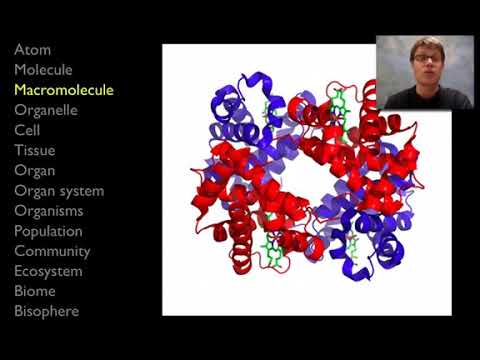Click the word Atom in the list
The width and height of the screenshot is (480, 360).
pos(32,50)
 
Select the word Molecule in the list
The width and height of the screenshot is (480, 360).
pos(43,70)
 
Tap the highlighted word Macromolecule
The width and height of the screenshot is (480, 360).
pos(64,90)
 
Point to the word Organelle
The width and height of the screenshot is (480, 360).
pos(46,110)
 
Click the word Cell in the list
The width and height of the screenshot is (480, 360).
pos(27,130)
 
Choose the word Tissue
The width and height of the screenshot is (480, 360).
pos(34,150)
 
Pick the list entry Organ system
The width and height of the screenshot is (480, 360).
pos(59,191)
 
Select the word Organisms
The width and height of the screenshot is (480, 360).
pos(48,211)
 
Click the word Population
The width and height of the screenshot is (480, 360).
pos(48,231)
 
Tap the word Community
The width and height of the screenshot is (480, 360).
pos(52,251)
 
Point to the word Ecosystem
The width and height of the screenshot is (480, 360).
pos(48,271)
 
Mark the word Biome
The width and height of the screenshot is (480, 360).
pos(35,291)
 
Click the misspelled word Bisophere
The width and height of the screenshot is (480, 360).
pos(46,311)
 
